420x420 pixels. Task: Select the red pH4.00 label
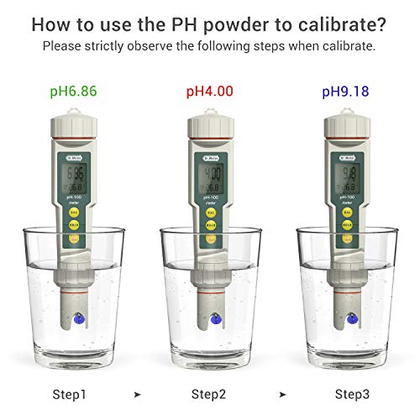pyautogui.click(x=208, y=90)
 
